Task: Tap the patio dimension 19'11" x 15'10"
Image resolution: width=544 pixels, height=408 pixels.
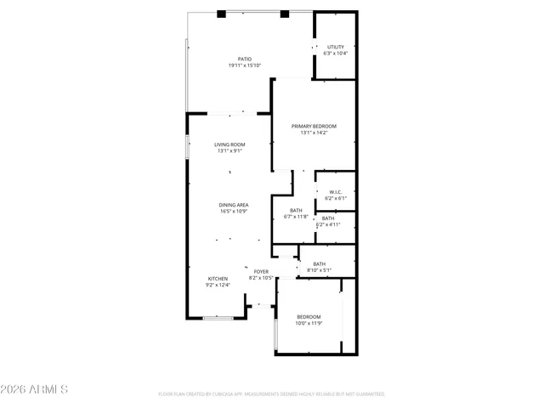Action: [244, 65]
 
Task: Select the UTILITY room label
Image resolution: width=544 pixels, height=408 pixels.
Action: [335, 47]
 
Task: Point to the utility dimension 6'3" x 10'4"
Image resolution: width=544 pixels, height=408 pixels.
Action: [335, 54]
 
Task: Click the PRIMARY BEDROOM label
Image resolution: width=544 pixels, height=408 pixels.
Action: [314, 126]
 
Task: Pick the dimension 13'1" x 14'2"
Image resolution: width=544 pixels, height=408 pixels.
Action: [314, 133]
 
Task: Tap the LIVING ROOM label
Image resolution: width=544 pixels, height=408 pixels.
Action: [229, 144]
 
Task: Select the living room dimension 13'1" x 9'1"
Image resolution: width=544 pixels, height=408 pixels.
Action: [229, 151]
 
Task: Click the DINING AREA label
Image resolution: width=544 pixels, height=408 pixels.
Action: [234, 205]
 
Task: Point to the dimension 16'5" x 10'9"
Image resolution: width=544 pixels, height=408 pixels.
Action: [234, 212]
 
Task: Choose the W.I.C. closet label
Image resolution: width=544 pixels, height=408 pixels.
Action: [336, 192]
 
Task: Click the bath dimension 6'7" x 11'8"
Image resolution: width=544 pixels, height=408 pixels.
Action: [296, 217]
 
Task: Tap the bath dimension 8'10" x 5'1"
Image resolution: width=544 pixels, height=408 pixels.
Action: [319, 270]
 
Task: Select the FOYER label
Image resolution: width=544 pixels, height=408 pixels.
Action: [260, 271]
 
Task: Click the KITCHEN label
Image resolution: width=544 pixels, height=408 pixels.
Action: [218, 279]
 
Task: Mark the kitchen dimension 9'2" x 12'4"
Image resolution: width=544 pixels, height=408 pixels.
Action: [218, 286]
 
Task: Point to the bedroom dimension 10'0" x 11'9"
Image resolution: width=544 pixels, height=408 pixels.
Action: [309, 323]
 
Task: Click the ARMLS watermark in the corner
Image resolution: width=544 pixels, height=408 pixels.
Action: [35, 390]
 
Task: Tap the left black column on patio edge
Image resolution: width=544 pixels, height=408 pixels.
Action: [221, 14]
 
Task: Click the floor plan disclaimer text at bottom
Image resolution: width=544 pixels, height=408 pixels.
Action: [272, 394]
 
